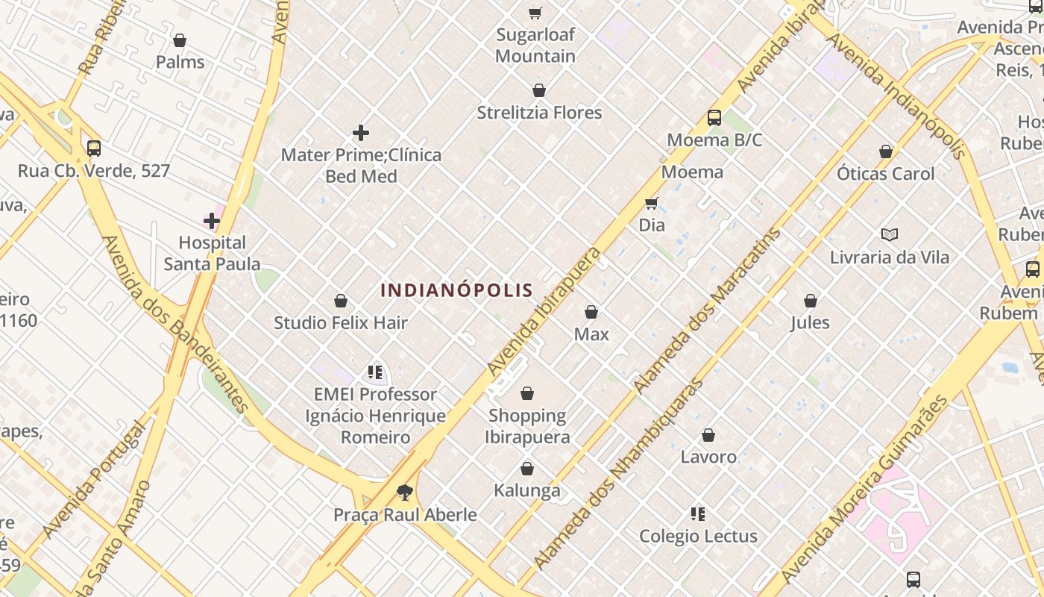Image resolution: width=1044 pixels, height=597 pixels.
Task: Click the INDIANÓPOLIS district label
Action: pyautogui.click(x=456, y=290)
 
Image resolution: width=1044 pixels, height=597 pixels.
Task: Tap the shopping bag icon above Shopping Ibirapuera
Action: pyautogui.click(x=527, y=393)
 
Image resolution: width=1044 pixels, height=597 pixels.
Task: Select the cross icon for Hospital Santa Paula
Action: pyautogui.click(x=212, y=221)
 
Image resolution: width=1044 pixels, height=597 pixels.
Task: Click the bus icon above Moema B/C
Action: pyautogui.click(x=714, y=118)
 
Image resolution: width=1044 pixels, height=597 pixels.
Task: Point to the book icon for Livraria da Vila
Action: pyautogui.click(x=889, y=235)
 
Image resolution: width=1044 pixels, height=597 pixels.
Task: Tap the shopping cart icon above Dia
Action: pyautogui.click(x=652, y=203)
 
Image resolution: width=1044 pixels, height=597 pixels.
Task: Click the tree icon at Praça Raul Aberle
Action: pyautogui.click(x=405, y=493)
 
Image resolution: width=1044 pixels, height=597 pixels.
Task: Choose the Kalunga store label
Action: pyautogui.click(x=527, y=490)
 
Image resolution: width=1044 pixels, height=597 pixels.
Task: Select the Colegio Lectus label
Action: pyautogui.click(x=698, y=536)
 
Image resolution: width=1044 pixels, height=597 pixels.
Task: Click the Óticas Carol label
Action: pyautogui.click(x=885, y=173)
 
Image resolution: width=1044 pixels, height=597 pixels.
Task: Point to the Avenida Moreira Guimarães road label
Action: pyautogui.click(x=863, y=493)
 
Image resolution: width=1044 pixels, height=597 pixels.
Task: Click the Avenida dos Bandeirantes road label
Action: pyautogui.click(x=176, y=325)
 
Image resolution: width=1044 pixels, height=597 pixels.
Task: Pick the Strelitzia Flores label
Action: pyautogui.click(x=539, y=113)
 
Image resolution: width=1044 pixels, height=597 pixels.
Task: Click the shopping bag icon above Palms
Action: pyautogui.click(x=180, y=40)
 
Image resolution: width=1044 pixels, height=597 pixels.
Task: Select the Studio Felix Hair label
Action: pyautogui.click(x=341, y=322)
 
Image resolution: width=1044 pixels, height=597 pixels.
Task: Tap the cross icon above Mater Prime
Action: pyautogui.click(x=361, y=134)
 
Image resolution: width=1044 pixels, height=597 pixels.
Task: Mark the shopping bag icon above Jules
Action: pyautogui.click(x=811, y=301)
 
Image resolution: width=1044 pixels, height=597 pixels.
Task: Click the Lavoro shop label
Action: pyautogui.click(x=708, y=456)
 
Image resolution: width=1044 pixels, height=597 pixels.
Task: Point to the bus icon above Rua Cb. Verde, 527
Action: pyautogui.click(x=93, y=149)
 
